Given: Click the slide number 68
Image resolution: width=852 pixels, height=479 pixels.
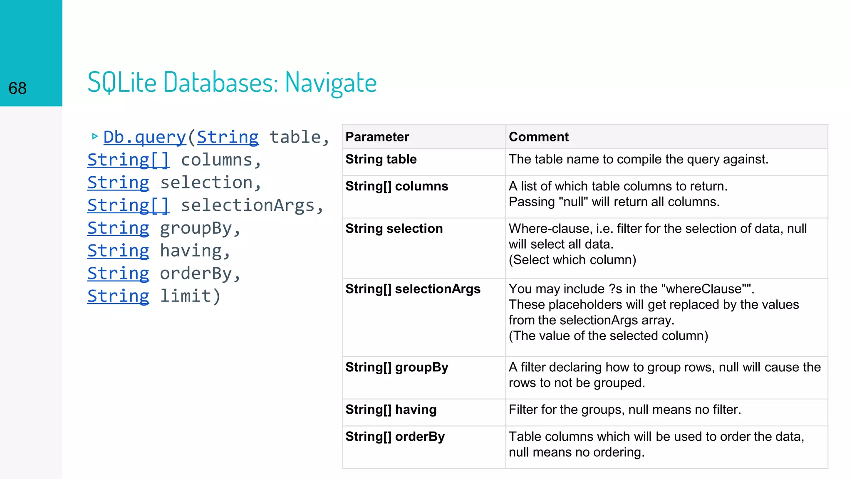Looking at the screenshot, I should [17, 88].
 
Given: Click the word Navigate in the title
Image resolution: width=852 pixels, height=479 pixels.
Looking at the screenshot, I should [331, 82].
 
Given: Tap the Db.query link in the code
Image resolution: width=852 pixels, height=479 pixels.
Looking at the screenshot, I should [144, 137].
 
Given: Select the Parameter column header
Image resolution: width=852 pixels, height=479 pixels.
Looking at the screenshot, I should [377, 137].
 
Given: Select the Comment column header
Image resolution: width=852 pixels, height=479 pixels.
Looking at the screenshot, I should [538, 137].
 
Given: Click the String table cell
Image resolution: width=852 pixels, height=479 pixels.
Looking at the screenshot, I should [381, 159].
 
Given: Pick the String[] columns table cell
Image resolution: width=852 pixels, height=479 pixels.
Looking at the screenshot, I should [396, 186].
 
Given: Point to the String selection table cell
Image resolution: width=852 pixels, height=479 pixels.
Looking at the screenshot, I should [394, 229].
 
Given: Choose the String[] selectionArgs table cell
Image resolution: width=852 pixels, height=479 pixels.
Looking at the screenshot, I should [413, 289].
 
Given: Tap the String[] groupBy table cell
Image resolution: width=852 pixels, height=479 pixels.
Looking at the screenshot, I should [396, 367].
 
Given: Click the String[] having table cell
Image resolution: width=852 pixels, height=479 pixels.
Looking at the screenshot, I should [391, 410].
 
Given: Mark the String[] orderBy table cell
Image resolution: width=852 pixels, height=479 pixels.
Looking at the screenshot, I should [395, 437].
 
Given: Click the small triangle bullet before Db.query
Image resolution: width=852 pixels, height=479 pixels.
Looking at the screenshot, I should [95, 136].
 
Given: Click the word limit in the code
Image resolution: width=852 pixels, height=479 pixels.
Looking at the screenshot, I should [186, 296].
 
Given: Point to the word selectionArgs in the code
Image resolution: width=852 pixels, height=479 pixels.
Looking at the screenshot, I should [248, 205].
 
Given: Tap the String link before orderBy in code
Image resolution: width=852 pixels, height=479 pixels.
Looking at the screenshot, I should [118, 274].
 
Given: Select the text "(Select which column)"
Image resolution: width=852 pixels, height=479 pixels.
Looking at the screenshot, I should [572, 260].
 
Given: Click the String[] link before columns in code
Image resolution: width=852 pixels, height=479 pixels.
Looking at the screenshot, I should [129, 160].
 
